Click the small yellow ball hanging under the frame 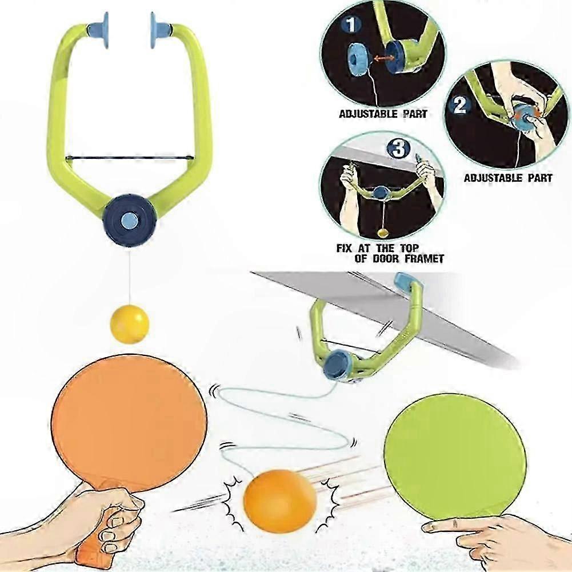pos(129,324)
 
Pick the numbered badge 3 pos(398,150)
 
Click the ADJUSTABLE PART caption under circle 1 pos(382,114)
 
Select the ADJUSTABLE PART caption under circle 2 pos(508,178)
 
